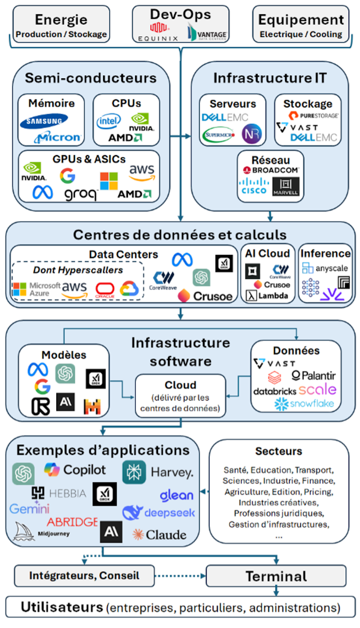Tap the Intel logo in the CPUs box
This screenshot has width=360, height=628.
pos(109,121)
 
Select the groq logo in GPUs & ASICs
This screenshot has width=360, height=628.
pos(80,193)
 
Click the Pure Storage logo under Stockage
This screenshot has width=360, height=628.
pos(313,116)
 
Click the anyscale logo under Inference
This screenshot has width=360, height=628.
pos(325,268)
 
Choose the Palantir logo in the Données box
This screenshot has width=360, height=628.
pos(313,376)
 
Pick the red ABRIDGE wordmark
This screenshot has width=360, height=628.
pos(72,522)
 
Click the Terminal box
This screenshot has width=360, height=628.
pos(276,576)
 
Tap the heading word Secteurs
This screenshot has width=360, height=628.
pos(278,451)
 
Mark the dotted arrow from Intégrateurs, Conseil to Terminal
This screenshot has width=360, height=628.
pos(179,575)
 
